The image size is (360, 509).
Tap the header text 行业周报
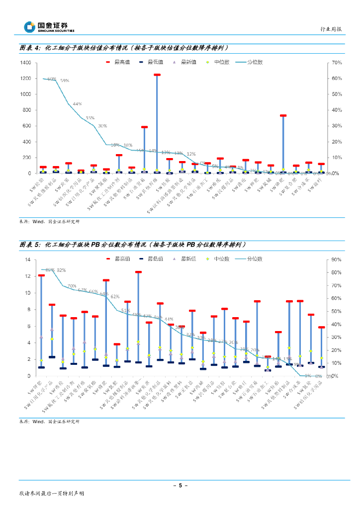click(x=331, y=29)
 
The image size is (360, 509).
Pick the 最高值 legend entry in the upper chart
click(x=115, y=62)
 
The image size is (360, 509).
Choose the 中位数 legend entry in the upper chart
click(x=217, y=62)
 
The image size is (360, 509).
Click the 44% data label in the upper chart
click(x=77, y=104)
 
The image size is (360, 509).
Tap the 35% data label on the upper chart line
click(x=90, y=118)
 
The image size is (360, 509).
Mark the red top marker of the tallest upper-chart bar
click(x=157, y=75)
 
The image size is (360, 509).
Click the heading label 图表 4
click(x=29, y=48)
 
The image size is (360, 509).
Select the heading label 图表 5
click(x=29, y=245)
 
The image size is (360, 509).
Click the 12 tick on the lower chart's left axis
click(x=29, y=276)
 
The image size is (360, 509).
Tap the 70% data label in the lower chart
click(x=72, y=286)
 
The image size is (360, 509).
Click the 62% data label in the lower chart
click(x=115, y=296)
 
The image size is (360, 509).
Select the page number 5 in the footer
click(x=180, y=485)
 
